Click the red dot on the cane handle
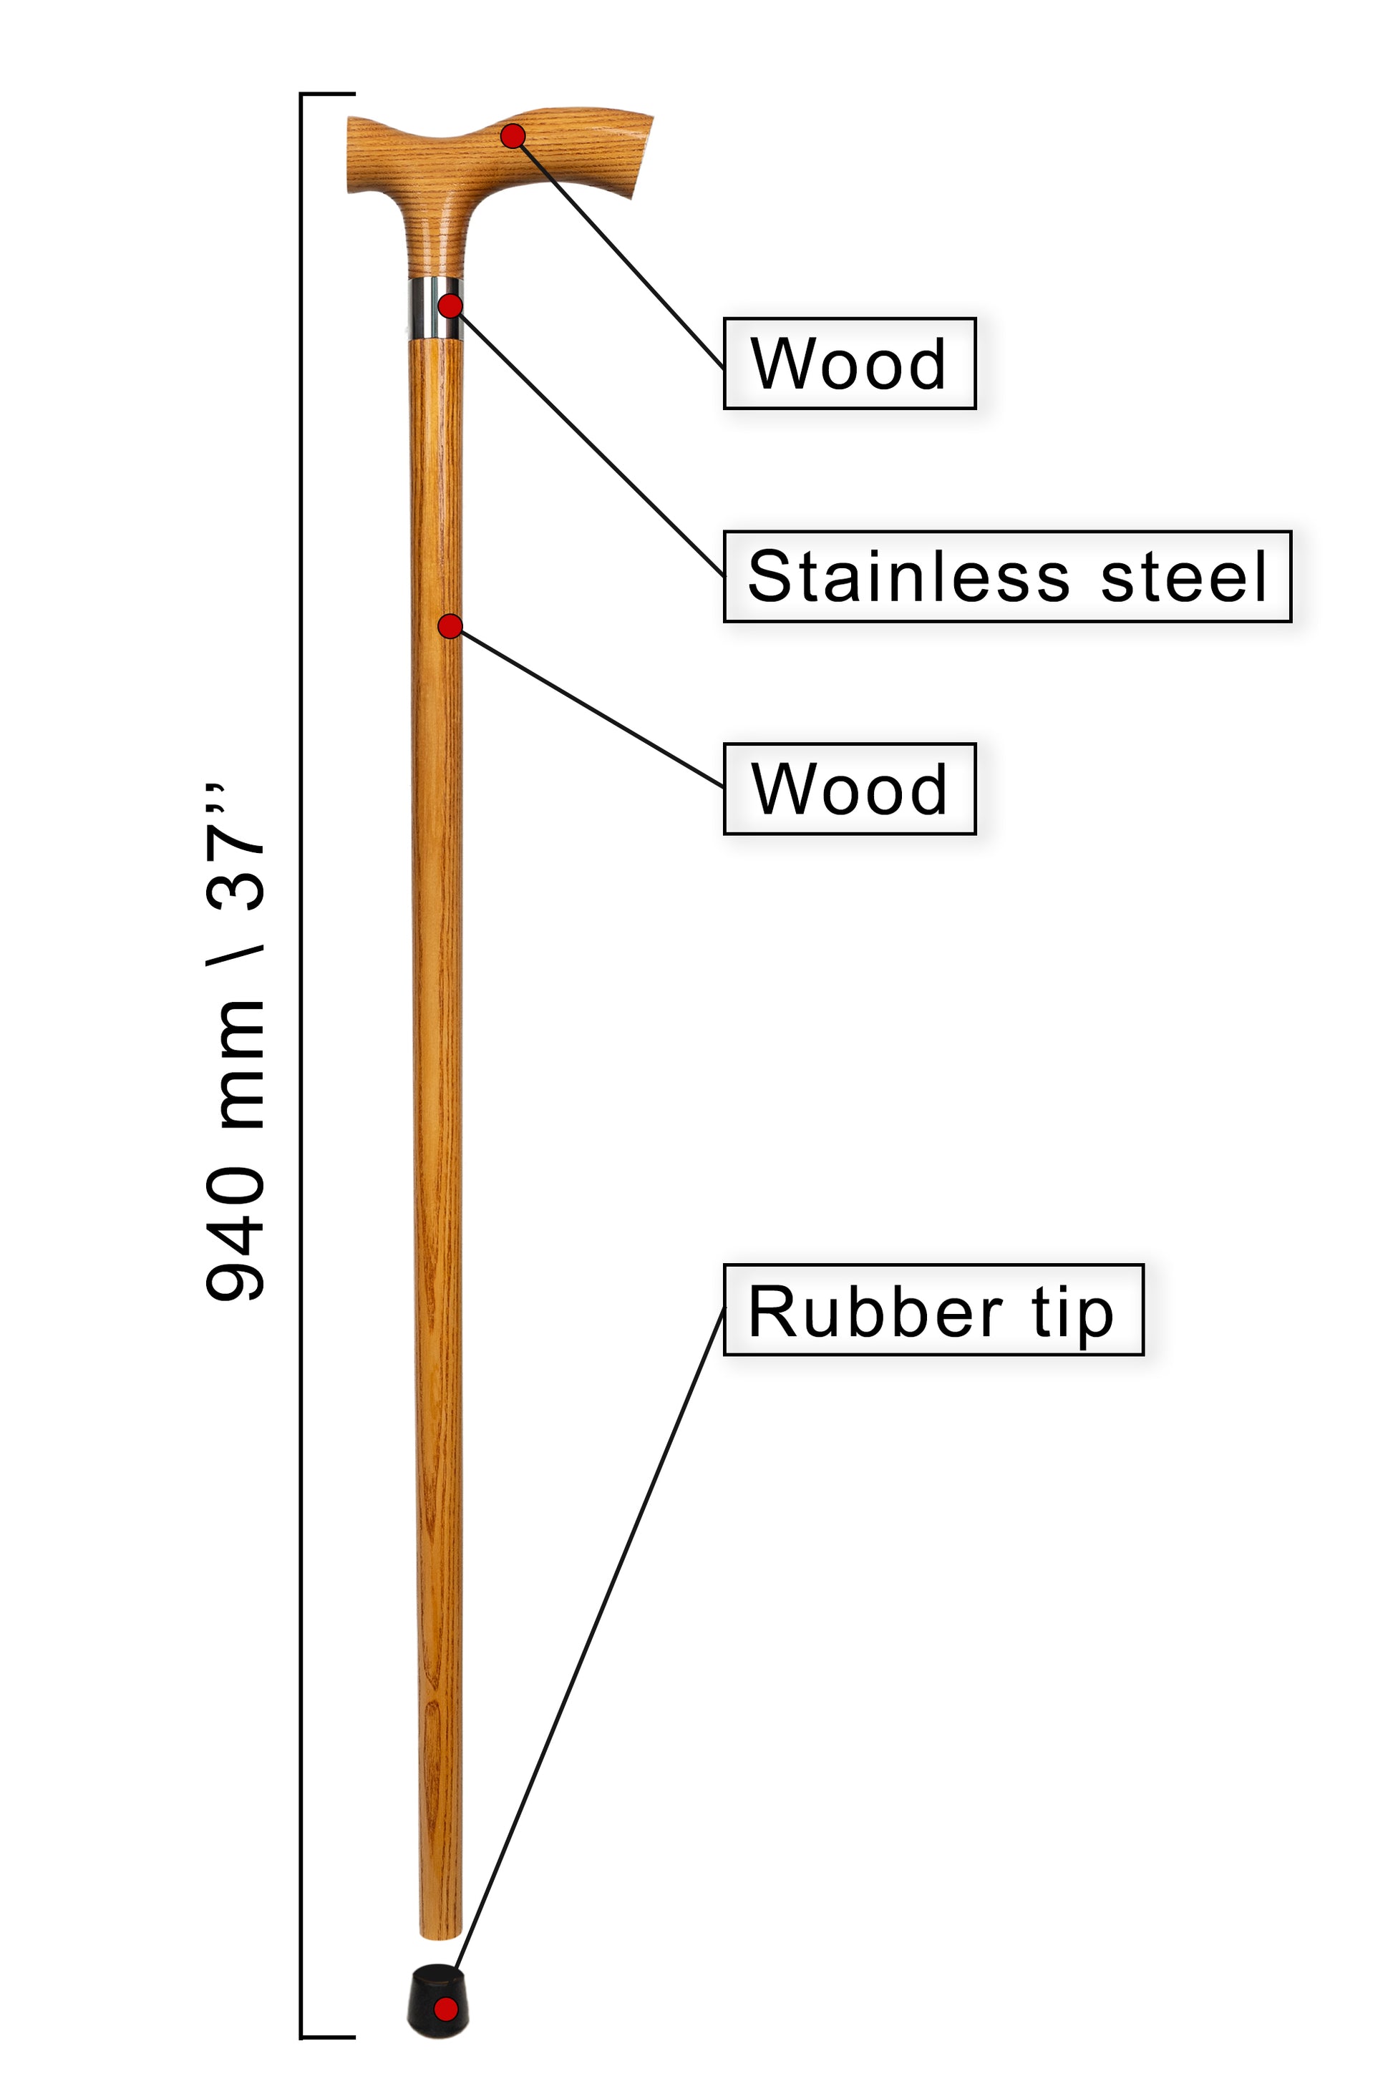pyautogui.click(x=513, y=136)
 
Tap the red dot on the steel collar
pyautogui.click(x=450, y=306)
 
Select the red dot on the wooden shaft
pyautogui.click(x=450, y=626)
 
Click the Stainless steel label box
pyautogui.click(x=1007, y=576)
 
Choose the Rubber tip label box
pyautogui.click(x=933, y=1309)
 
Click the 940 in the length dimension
pyautogui.click(x=236, y=1235)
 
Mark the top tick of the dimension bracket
pyautogui.click(x=328, y=93)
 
